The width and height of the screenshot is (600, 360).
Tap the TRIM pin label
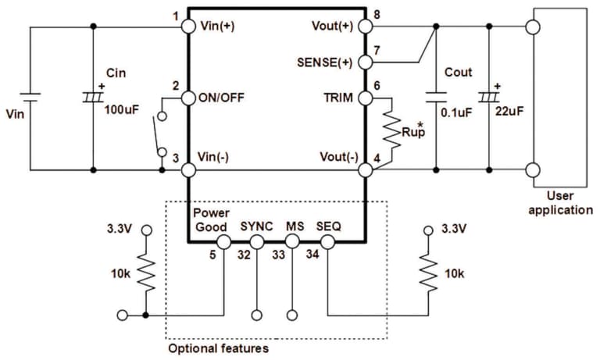pos(337,98)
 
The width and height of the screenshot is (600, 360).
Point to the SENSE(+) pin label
pos(325,60)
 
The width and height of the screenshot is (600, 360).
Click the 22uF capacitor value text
pos(509,112)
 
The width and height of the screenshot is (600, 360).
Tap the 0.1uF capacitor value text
pos(457,112)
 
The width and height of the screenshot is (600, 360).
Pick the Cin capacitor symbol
pos(93,98)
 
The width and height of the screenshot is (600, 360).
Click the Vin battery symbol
pos(30,98)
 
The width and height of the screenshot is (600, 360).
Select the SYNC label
pos(256,226)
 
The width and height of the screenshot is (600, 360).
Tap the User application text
pos(560,204)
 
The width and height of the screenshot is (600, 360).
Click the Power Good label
pos(210,219)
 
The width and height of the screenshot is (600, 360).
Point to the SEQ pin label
pos(328,226)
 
